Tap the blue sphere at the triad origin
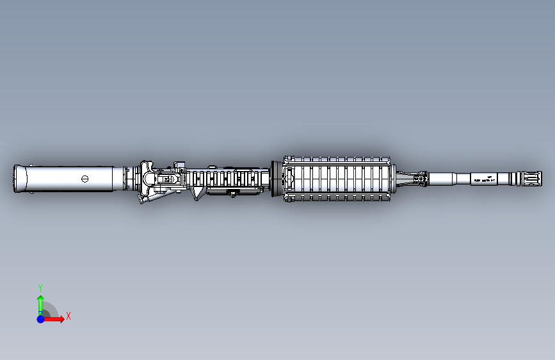(40, 318)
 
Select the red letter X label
(68, 316)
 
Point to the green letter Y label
(40, 288)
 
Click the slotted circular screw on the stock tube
(84, 179)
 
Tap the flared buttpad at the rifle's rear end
(22, 179)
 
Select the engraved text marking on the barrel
(486, 179)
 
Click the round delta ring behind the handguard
(275, 178)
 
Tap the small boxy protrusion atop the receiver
(179, 165)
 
